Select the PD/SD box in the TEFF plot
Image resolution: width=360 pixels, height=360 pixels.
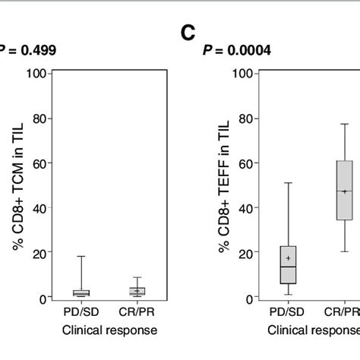[x=288, y=264]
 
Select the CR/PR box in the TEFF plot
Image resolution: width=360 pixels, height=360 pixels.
[x=344, y=190]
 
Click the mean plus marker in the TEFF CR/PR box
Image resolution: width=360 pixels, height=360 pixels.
[x=344, y=191]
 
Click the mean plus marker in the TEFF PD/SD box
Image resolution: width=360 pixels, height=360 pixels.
[x=288, y=258]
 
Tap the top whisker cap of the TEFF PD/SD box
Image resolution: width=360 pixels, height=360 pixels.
[x=288, y=183]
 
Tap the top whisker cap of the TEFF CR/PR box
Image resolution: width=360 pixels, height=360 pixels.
[x=344, y=124]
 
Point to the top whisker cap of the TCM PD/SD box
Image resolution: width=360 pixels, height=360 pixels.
[x=81, y=257]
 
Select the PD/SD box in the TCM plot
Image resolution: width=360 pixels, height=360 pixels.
[x=81, y=292]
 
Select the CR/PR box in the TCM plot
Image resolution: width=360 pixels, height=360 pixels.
[x=137, y=291]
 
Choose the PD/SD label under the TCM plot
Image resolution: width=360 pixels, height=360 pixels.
[x=81, y=312]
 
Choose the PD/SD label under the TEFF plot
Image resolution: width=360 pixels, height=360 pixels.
[x=288, y=312]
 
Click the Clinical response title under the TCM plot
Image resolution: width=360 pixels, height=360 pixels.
[x=109, y=330]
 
